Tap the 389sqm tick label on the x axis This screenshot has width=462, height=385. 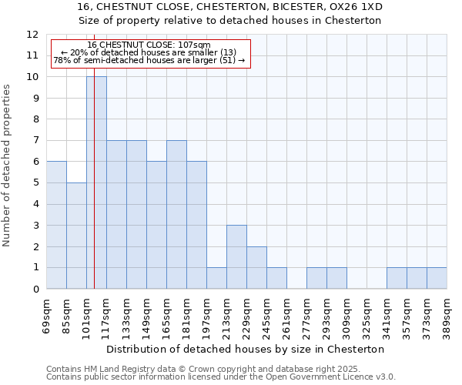point(447,316)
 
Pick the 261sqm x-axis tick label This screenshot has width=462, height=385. point(286,316)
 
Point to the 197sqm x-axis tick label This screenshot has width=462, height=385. point(206,316)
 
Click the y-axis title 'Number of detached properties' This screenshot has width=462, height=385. point(8,166)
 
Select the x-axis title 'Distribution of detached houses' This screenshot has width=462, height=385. point(245,349)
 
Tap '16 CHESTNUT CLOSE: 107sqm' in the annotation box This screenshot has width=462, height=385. point(149,45)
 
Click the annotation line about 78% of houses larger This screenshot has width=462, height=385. point(149,60)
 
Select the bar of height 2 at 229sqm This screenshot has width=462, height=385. point(256,268)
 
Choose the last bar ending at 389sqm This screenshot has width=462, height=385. point(437,279)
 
